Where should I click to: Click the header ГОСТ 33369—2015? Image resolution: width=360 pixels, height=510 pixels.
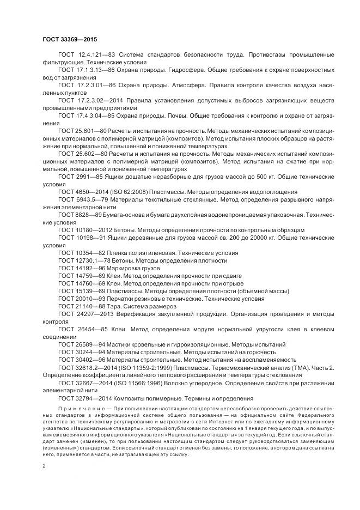tap(70, 39)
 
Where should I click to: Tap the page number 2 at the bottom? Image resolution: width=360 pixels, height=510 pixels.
tap(44, 466)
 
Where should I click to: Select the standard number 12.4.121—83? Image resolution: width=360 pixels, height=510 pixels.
tap(94, 55)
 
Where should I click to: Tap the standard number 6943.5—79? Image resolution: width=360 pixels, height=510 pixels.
tap(90, 199)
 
